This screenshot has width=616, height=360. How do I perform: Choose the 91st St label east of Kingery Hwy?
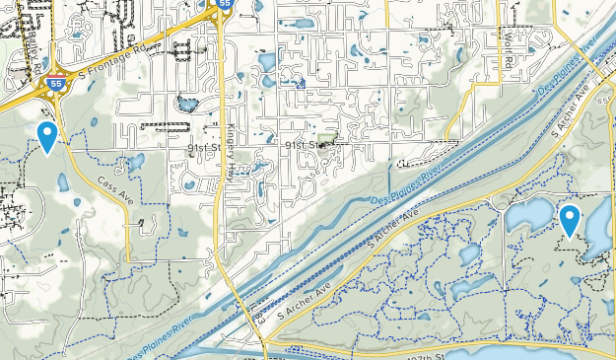[x=305, y=145]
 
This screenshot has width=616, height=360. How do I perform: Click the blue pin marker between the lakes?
[x=570, y=220]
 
